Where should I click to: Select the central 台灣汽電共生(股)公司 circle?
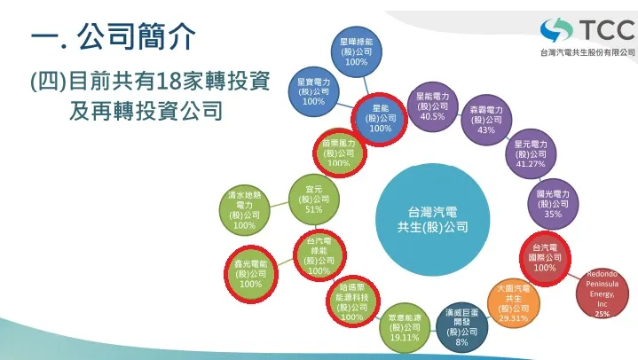[432, 219]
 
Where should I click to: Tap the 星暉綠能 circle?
[356, 51]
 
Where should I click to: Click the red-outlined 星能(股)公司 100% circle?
[380, 118]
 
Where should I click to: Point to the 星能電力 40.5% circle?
[432, 106]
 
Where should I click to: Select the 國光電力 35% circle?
[552, 202]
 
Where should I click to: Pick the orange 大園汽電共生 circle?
[514, 302]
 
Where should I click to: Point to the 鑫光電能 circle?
[250, 272]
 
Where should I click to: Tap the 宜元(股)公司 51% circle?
[313, 200]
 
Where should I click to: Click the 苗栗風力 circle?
[338, 152]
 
